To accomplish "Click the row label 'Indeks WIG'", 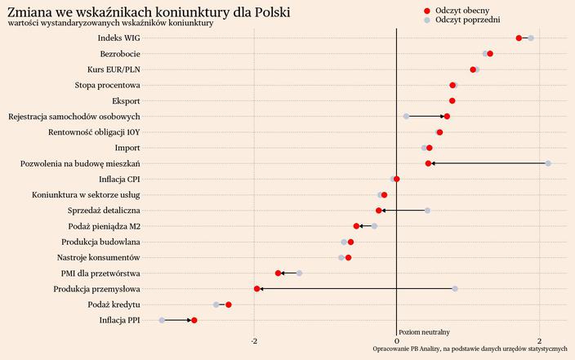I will coord(118,38).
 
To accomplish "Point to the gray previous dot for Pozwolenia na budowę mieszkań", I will coord(548,163).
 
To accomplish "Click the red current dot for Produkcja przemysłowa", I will coord(257,289).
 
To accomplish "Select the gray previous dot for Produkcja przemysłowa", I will coord(455,289).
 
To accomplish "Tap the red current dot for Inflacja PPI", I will coord(194,320).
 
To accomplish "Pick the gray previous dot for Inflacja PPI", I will coord(162,320).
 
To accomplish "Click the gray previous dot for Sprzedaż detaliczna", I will coord(427,211).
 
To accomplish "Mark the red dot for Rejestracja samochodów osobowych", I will coord(447,117).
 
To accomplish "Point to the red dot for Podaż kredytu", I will coord(229,304).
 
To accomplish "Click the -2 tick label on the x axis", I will coord(254,340).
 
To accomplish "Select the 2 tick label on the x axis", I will coord(540,340).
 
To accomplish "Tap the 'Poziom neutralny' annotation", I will coord(424,332).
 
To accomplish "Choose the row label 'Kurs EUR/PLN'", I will coord(114,69).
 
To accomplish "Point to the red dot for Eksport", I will coord(452,101).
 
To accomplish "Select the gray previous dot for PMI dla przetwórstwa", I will coord(299,273).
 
